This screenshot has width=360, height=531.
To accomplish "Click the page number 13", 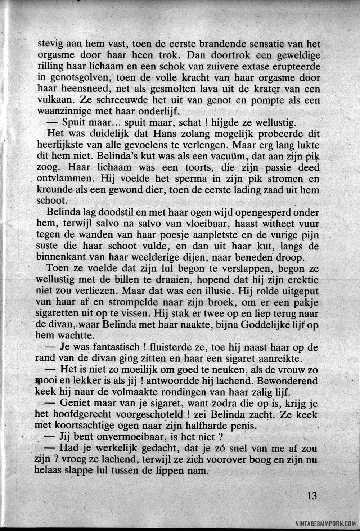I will pos(312,496).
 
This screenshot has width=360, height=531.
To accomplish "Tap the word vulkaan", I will pos(55,100).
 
